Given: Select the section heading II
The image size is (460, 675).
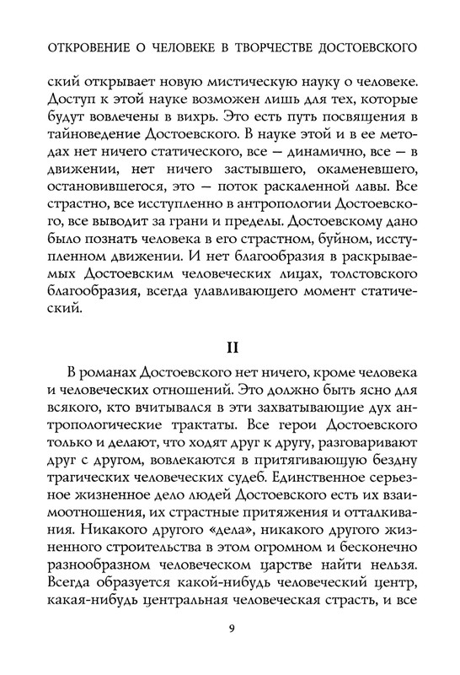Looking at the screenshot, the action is (229, 370).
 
